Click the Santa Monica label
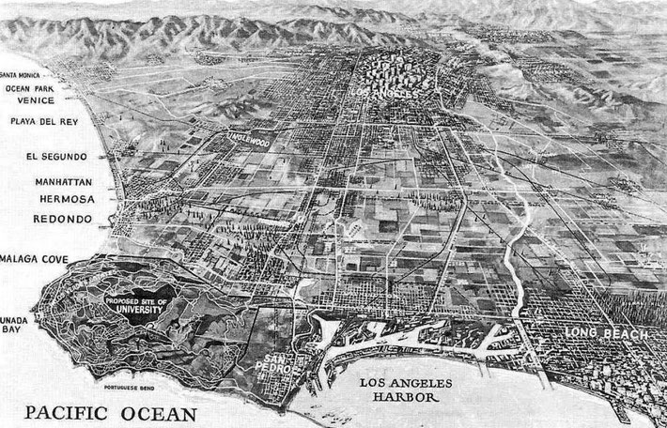20,74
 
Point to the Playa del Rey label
37,122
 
